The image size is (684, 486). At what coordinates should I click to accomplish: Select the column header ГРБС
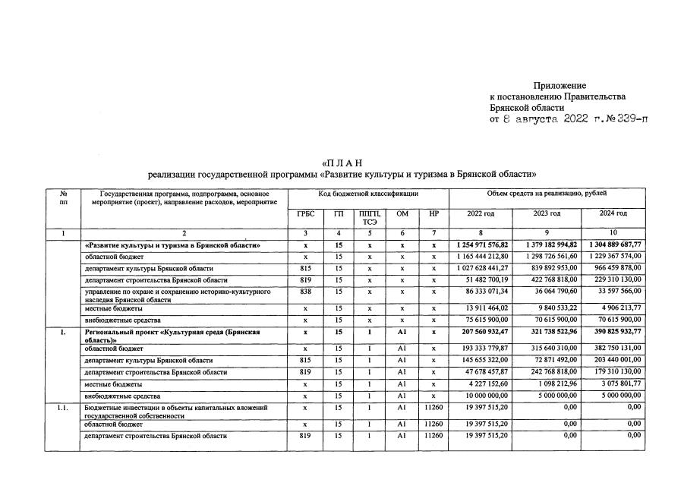pyautogui.click(x=305, y=214)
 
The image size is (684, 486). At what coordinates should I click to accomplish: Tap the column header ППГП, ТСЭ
pyautogui.click(x=370, y=218)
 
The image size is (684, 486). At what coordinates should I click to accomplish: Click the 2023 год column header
pyautogui.click(x=546, y=214)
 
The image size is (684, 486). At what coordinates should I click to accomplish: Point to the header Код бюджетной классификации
pyautogui.click(x=368, y=194)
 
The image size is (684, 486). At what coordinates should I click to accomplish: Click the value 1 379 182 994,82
pyautogui.click(x=547, y=245)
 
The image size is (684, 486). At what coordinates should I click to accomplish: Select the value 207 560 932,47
pyautogui.click(x=484, y=333)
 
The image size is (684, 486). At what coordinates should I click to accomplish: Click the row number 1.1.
pyautogui.click(x=65, y=408)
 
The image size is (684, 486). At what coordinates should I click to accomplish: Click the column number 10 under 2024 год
pyautogui.click(x=613, y=233)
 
